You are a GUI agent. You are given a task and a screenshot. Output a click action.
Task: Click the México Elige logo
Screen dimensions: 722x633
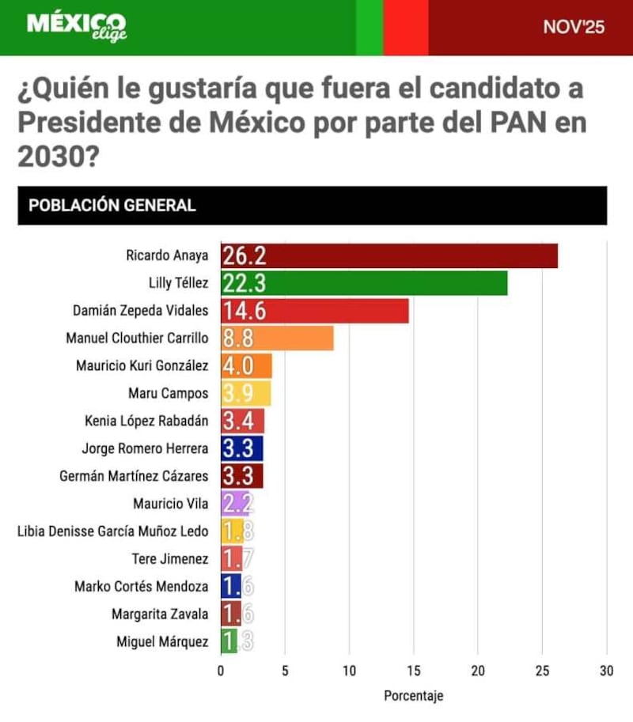(x=77, y=27)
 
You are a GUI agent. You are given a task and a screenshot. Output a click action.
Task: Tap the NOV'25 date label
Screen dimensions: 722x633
(x=574, y=28)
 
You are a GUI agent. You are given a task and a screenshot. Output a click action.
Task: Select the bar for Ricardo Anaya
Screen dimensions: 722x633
(x=389, y=256)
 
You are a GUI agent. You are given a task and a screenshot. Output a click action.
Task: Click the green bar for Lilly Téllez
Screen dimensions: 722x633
(x=364, y=283)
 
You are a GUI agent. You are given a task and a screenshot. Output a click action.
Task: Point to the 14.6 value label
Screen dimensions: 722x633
(x=244, y=311)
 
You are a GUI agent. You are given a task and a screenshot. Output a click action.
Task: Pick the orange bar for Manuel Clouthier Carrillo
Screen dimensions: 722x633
(x=277, y=338)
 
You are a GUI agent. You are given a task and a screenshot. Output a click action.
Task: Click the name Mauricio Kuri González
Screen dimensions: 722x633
(x=142, y=365)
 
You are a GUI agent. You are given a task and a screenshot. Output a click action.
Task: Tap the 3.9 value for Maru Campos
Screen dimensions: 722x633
(x=238, y=393)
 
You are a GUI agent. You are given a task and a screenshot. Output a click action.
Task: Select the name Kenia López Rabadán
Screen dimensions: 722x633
(x=146, y=421)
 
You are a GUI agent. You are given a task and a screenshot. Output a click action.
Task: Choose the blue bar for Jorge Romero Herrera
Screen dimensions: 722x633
(x=241, y=448)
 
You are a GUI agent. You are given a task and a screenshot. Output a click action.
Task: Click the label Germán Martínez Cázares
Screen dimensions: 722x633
(x=134, y=476)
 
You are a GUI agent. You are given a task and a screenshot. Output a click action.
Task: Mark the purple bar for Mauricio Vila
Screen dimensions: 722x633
(x=234, y=504)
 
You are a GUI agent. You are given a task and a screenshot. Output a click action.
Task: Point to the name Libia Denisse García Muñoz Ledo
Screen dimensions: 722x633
(x=112, y=531)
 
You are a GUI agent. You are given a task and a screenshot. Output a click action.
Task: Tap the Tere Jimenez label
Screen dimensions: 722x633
(x=170, y=559)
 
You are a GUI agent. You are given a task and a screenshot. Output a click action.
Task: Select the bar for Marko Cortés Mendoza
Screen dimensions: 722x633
(x=230, y=587)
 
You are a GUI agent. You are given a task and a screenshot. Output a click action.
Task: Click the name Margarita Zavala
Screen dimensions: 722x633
(x=161, y=614)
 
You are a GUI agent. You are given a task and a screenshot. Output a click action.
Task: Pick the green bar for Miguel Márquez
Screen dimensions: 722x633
(x=229, y=641)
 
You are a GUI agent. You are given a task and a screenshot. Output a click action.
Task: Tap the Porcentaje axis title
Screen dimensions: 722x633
(x=413, y=697)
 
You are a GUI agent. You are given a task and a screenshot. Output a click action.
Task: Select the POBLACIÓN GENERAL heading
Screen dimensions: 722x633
(x=112, y=206)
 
